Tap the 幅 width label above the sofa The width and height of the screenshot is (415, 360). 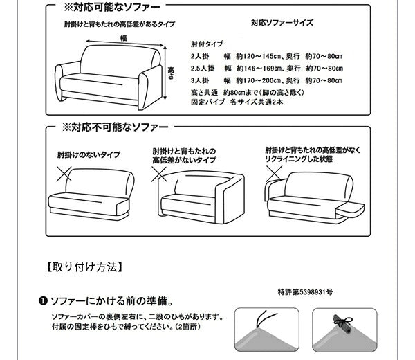(123, 38)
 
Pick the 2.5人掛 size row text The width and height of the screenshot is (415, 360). (266, 67)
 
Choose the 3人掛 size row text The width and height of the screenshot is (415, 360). (266, 80)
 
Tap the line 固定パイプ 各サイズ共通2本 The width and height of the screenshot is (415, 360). (239, 102)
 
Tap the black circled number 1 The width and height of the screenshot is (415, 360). (42, 302)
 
